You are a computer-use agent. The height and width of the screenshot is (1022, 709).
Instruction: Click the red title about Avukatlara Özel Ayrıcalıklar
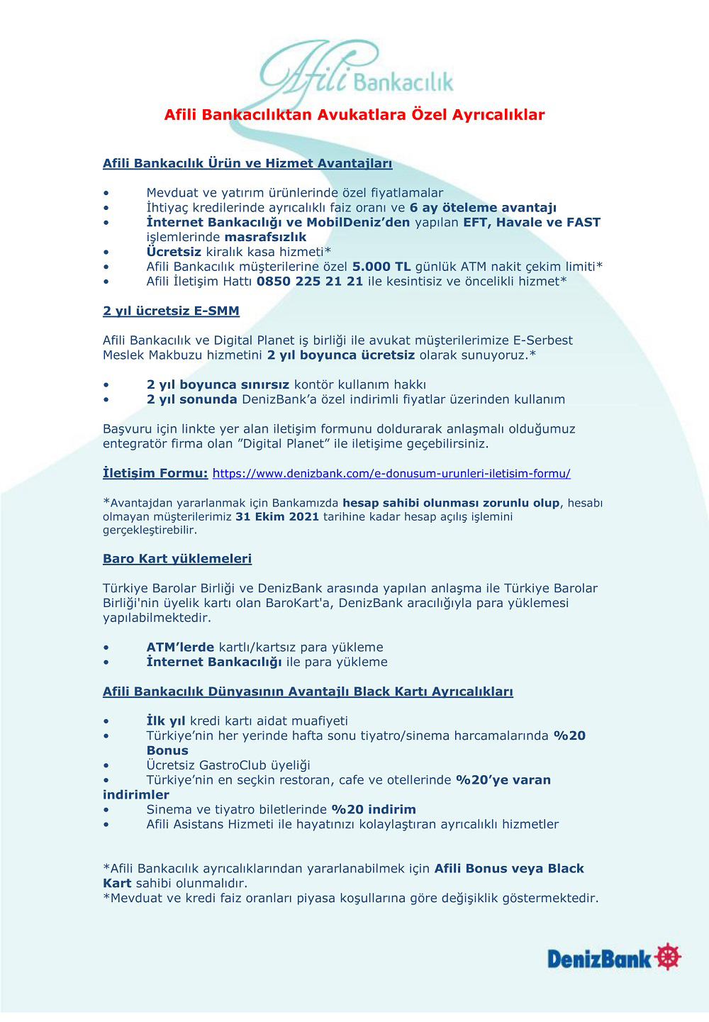click(354, 115)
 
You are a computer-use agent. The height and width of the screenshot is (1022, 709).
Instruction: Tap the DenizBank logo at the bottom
click(614, 958)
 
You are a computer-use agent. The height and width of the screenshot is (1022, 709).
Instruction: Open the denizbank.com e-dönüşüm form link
click(391, 474)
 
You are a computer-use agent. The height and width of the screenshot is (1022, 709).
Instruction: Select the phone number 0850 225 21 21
click(310, 282)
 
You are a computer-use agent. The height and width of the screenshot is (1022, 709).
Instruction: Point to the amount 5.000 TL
click(381, 267)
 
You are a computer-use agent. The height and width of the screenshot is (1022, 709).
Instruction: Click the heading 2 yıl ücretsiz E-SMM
click(171, 311)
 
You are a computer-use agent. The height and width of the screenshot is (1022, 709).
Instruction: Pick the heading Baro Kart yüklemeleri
click(177, 559)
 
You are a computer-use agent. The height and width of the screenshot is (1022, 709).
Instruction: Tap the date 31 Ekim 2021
click(277, 517)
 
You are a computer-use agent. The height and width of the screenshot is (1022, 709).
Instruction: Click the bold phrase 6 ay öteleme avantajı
click(483, 208)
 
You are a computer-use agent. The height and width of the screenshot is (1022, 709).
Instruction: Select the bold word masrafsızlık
click(265, 238)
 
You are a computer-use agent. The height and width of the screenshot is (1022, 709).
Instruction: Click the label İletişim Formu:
click(155, 473)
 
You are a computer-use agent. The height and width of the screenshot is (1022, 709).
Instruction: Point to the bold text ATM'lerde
click(180, 648)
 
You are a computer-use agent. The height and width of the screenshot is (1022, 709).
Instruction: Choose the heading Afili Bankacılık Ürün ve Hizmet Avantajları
click(247, 164)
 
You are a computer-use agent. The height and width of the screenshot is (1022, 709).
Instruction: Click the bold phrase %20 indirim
click(374, 810)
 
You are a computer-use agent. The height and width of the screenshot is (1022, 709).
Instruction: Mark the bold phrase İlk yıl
click(166, 721)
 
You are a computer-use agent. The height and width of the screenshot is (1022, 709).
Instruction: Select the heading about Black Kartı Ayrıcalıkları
click(308, 692)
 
